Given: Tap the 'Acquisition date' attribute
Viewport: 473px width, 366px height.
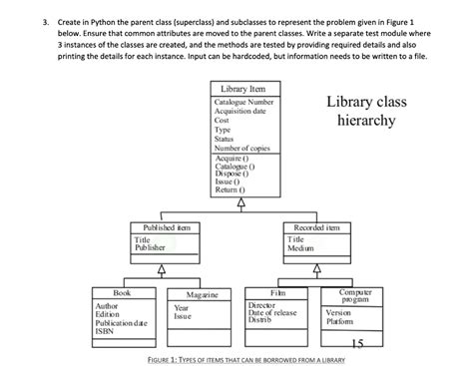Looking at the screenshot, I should (x=242, y=112).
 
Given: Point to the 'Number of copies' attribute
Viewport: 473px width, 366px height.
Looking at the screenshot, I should (x=243, y=148).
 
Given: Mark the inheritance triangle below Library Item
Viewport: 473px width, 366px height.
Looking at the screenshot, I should (x=239, y=203).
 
